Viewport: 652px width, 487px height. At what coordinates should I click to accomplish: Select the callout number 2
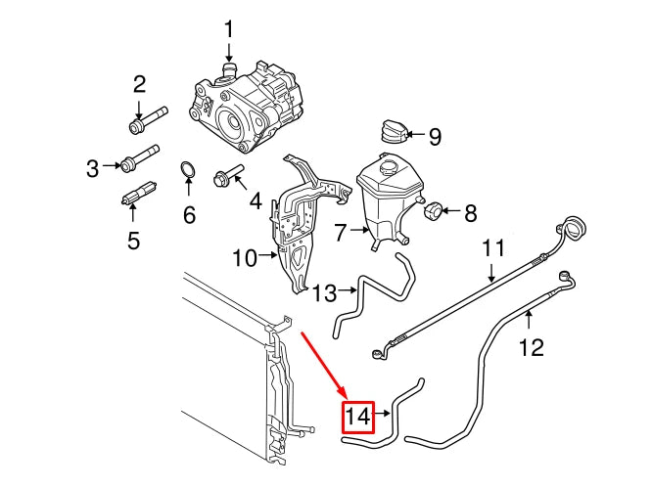click(x=139, y=84)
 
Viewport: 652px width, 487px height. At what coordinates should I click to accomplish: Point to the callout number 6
click(x=189, y=213)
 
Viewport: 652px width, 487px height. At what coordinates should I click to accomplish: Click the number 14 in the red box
click(x=358, y=418)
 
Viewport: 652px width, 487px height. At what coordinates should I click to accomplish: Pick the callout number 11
click(x=490, y=248)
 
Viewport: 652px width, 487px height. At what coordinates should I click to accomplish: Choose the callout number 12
click(x=530, y=347)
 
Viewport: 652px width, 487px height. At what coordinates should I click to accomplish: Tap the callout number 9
click(x=436, y=135)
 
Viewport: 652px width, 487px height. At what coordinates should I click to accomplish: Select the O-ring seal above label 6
click(x=188, y=175)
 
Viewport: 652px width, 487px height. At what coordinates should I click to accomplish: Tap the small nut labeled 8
click(x=434, y=209)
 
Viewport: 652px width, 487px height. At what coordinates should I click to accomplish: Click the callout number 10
click(x=244, y=258)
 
